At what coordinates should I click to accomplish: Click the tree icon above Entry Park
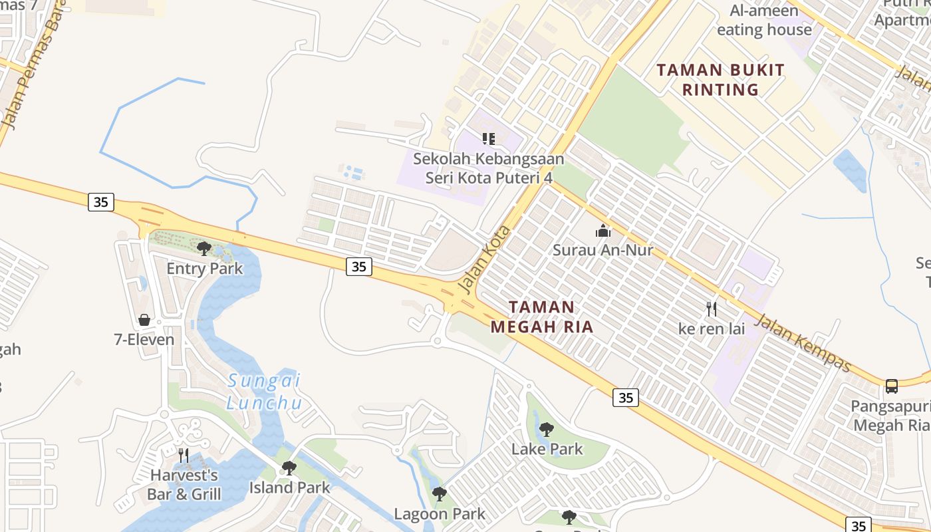coord(204,249)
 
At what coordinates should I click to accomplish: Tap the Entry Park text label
coord(204,269)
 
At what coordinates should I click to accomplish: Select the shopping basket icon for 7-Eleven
coord(144,320)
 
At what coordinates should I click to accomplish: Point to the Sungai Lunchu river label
coord(264,392)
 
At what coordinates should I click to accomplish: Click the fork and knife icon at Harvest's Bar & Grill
coord(184,456)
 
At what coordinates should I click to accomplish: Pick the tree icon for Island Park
coord(289,468)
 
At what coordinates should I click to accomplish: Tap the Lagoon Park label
coord(440,514)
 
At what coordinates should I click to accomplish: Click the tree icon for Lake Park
coord(547,430)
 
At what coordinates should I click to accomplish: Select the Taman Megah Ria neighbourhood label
coord(542,317)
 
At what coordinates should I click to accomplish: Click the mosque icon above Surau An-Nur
coord(603,231)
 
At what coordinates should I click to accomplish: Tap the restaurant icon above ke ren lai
coord(712,309)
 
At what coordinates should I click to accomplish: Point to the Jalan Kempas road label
coord(805,343)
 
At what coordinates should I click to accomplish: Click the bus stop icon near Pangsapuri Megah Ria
coord(892,386)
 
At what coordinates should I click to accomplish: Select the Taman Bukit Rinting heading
coord(721,80)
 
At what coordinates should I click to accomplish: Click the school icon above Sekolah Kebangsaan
coord(489,139)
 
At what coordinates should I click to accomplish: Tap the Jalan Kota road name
coord(484,260)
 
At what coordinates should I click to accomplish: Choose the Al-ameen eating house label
coord(764,20)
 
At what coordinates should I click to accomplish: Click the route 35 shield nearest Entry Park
coord(101,201)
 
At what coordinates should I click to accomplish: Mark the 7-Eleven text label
coord(144,340)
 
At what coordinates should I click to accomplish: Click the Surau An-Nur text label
coord(603,250)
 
